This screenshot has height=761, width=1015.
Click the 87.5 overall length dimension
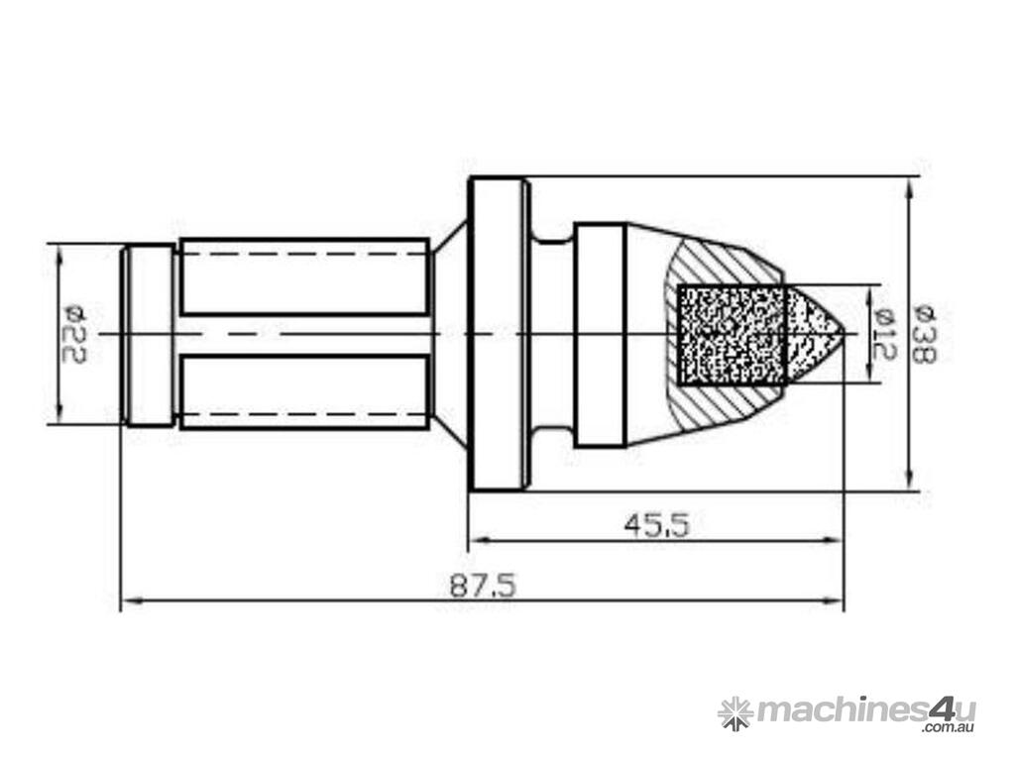coord(484,587)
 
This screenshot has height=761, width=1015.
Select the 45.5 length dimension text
coord(657,525)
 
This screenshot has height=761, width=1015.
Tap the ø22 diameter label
coord(75,335)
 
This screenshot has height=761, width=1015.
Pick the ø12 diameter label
coord(884,334)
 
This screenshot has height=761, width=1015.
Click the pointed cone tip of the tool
coord(844,333)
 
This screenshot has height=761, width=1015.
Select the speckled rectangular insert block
coord(732,334)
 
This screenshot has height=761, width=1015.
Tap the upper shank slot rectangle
coord(304,277)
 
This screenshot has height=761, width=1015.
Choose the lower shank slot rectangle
coord(304,391)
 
